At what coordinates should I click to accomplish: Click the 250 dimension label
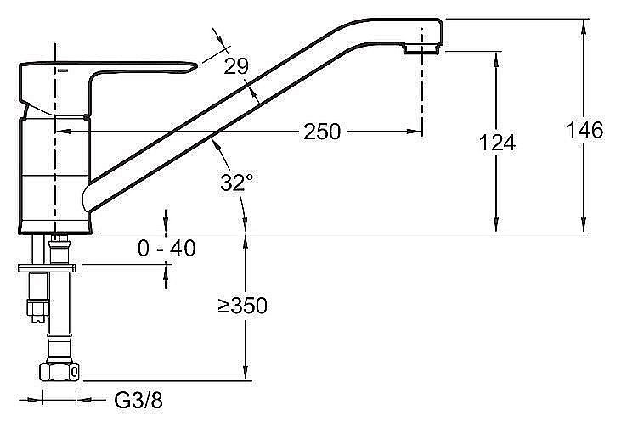click(322, 132)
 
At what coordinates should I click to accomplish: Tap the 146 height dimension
click(584, 130)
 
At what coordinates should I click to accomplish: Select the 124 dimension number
click(497, 143)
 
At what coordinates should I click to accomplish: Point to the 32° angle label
click(236, 183)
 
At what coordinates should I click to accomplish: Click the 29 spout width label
click(236, 66)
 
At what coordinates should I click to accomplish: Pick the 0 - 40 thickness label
click(167, 249)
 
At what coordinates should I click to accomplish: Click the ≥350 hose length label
click(243, 306)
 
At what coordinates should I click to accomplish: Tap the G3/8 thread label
click(138, 400)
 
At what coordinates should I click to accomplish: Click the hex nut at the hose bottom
click(59, 372)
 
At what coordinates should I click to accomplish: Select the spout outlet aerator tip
click(421, 49)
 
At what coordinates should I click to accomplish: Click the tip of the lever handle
click(195, 65)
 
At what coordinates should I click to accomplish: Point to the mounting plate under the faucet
click(47, 268)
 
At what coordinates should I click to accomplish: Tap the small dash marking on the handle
click(62, 70)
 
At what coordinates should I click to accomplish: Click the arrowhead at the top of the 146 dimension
click(584, 26)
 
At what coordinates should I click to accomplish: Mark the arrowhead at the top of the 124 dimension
click(496, 59)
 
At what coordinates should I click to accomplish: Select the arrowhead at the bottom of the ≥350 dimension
click(246, 374)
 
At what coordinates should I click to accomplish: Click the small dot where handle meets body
click(87, 117)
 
